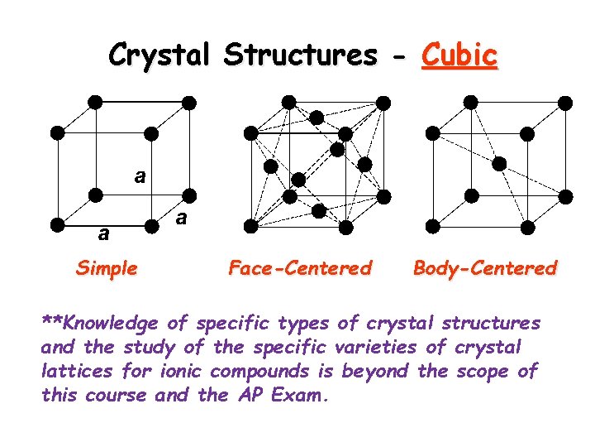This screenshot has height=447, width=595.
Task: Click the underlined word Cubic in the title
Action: pyautogui.click(x=459, y=55)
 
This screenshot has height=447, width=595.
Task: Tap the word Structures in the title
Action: pyautogui.click(x=300, y=55)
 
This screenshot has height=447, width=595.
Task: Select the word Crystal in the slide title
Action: pyautogui.click(x=160, y=55)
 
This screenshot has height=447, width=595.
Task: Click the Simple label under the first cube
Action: pyautogui.click(x=107, y=268)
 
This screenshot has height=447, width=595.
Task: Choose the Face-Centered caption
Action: pyautogui.click(x=300, y=268)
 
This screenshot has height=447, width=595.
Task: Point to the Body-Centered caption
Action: pyautogui.click(x=485, y=268)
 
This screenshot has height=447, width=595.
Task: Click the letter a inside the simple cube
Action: pyautogui.click(x=140, y=175)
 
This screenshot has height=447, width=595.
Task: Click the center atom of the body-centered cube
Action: pyautogui.click(x=499, y=164)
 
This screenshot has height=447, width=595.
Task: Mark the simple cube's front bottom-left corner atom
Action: pyautogui.click(x=56, y=224)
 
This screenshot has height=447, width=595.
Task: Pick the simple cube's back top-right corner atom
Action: pyautogui.click(x=189, y=102)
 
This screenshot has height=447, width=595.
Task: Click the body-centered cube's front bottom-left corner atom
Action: pyautogui.click(x=431, y=225)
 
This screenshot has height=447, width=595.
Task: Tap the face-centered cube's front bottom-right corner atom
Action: pyautogui.click(x=346, y=226)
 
